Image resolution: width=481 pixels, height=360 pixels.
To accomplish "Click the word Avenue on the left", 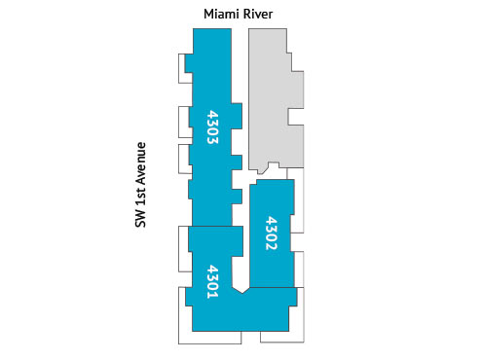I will point(140,166).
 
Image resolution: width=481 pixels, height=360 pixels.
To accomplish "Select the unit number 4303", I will point(212,127).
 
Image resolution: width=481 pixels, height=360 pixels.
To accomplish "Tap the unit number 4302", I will point(272,234).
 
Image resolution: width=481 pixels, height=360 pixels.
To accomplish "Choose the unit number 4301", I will point(212,281).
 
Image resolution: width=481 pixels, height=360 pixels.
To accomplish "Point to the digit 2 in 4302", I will point(272,248).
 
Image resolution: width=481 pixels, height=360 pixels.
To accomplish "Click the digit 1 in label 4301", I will point(212,295).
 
